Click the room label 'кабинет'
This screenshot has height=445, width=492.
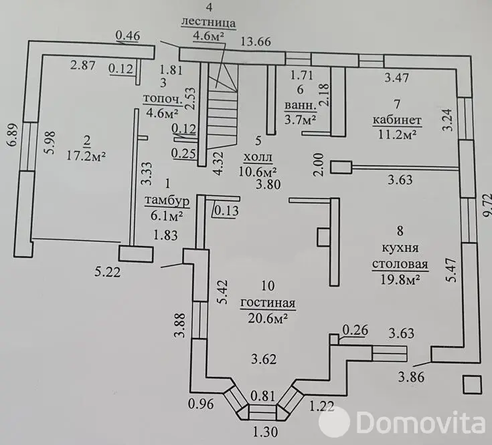[x=397, y=120]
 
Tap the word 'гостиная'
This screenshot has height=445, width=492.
[x=268, y=303]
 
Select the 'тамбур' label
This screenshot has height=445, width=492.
[x=167, y=200]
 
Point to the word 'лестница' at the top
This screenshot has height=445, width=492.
[x=208, y=22]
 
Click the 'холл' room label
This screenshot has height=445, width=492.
[x=258, y=157]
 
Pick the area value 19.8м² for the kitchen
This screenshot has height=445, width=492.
[x=400, y=279]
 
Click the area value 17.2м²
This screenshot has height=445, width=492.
[x=86, y=155]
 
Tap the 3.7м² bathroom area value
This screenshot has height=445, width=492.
[x=300, y=120]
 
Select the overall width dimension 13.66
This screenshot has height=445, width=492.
[x=256, y=41]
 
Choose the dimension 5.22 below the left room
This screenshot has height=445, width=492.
[x=107, y=272]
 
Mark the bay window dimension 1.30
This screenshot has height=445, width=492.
[x=265, y=432]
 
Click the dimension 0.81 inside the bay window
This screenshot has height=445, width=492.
[x=263, y=396]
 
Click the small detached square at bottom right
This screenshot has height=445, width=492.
[x=472, y=384]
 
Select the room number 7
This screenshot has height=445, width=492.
[x=397, y=104]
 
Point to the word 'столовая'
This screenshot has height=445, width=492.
[x=400, y=264]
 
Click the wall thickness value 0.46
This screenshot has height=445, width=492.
[x=128, y=35]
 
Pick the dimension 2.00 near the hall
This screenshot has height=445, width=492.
[x=319, y=164]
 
